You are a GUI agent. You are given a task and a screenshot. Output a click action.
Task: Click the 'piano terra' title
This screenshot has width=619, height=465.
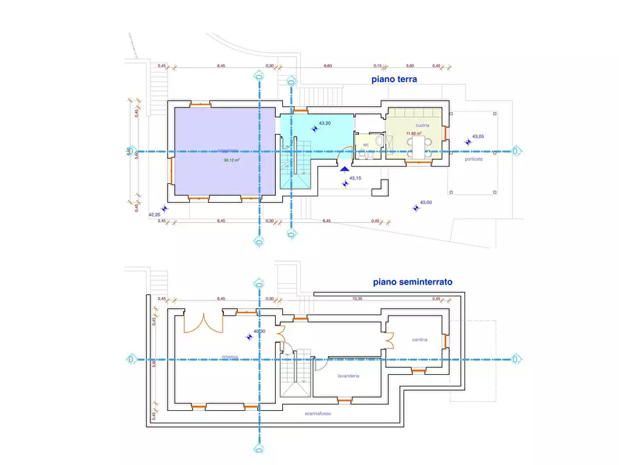click(x=394, y=80)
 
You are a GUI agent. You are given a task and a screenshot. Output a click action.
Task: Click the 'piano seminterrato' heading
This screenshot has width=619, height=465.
click(x=412, y=282)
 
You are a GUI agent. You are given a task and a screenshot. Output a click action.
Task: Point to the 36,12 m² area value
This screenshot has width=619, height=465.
click(x=232, y=160)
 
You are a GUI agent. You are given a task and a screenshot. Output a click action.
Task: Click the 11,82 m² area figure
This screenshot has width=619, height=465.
click(x=414, y=133)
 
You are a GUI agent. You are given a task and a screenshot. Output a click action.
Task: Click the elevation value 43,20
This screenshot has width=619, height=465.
click(x=324, y=123)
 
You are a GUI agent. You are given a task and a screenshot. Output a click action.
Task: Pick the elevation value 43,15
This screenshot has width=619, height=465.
click(x=355, y=178)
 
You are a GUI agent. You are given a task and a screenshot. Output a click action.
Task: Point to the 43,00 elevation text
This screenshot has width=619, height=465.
click(x=426, y=203)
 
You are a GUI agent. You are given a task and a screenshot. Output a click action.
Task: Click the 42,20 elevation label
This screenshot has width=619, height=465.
click(x=155, y=214)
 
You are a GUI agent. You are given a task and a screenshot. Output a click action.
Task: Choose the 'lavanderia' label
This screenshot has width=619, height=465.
click(x=347, y=375)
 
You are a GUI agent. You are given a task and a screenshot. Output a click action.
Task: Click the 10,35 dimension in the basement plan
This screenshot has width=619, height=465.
click(x=358, y=298)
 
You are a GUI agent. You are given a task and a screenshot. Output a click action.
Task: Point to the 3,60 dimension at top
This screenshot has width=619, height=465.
click(x=410, y=66)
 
